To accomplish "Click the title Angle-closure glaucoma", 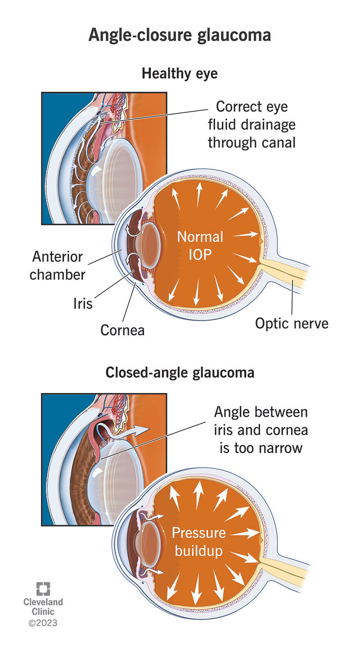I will pyautogui.click(x=180, y=35).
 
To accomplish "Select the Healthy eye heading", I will pyautogui.click(x=180, y=73).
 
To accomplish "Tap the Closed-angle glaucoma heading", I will pyautogui.click(x=180, y=373).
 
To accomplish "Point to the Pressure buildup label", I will pyautogui.click(x=198, y=541).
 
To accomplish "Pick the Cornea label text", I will pyautogui.click(x=122, y=330).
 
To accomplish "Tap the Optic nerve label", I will pyautogui.click(x=292, y=323).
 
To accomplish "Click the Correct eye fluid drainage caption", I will pyautogui.click(x=252, y=125).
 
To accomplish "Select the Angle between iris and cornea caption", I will pyautogui.click(x=261, y=430).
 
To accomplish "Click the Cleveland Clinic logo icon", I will pyautogui.click(x=43, y=589).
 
